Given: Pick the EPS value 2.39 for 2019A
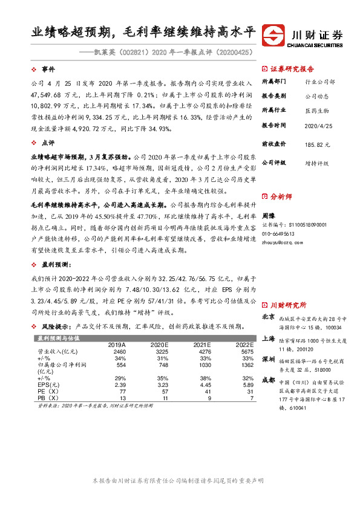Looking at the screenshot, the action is (x=119, y=384).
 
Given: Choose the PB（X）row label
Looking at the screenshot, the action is (x=48, y=399).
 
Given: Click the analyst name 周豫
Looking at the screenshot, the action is (x=269, y=215).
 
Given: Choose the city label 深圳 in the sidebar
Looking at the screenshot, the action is (x=268, y=360).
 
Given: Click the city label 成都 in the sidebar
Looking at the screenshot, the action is (x=268, y=381).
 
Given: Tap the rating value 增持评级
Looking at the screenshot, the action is (x=316, y=163).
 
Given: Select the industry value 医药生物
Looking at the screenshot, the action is (x=315, y=111).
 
